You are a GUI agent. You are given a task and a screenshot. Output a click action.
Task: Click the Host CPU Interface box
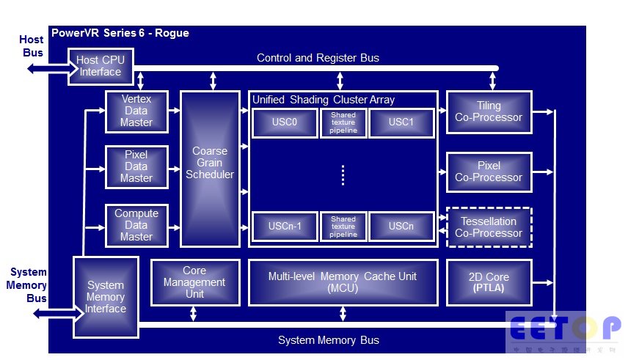101,66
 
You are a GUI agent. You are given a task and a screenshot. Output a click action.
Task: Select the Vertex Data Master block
136,111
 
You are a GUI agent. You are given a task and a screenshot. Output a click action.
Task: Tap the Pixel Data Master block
136,166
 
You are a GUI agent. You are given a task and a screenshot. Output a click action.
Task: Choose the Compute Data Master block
136,225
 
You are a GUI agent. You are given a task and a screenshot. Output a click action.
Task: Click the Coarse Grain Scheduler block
210,168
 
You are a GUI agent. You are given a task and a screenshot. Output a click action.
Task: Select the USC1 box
402,122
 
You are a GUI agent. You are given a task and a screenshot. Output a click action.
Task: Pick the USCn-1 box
284,226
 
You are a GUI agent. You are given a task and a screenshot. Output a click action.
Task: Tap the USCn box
402,226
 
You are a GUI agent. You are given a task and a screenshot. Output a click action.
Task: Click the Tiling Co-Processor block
489,111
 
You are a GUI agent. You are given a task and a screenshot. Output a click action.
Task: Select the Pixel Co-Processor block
489,172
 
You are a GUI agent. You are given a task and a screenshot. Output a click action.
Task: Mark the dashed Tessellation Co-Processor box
489,227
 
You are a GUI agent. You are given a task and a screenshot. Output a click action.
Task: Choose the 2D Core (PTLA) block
489,282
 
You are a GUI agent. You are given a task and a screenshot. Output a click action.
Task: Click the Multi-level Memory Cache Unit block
343,282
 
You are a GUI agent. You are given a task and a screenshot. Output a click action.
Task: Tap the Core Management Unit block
194,282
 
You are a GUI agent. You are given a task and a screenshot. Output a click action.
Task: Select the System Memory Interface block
106,296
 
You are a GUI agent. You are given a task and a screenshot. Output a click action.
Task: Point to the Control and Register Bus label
318,57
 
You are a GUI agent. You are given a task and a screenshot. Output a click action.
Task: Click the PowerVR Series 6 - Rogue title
120,33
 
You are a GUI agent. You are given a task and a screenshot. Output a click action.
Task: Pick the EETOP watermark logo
565,330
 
